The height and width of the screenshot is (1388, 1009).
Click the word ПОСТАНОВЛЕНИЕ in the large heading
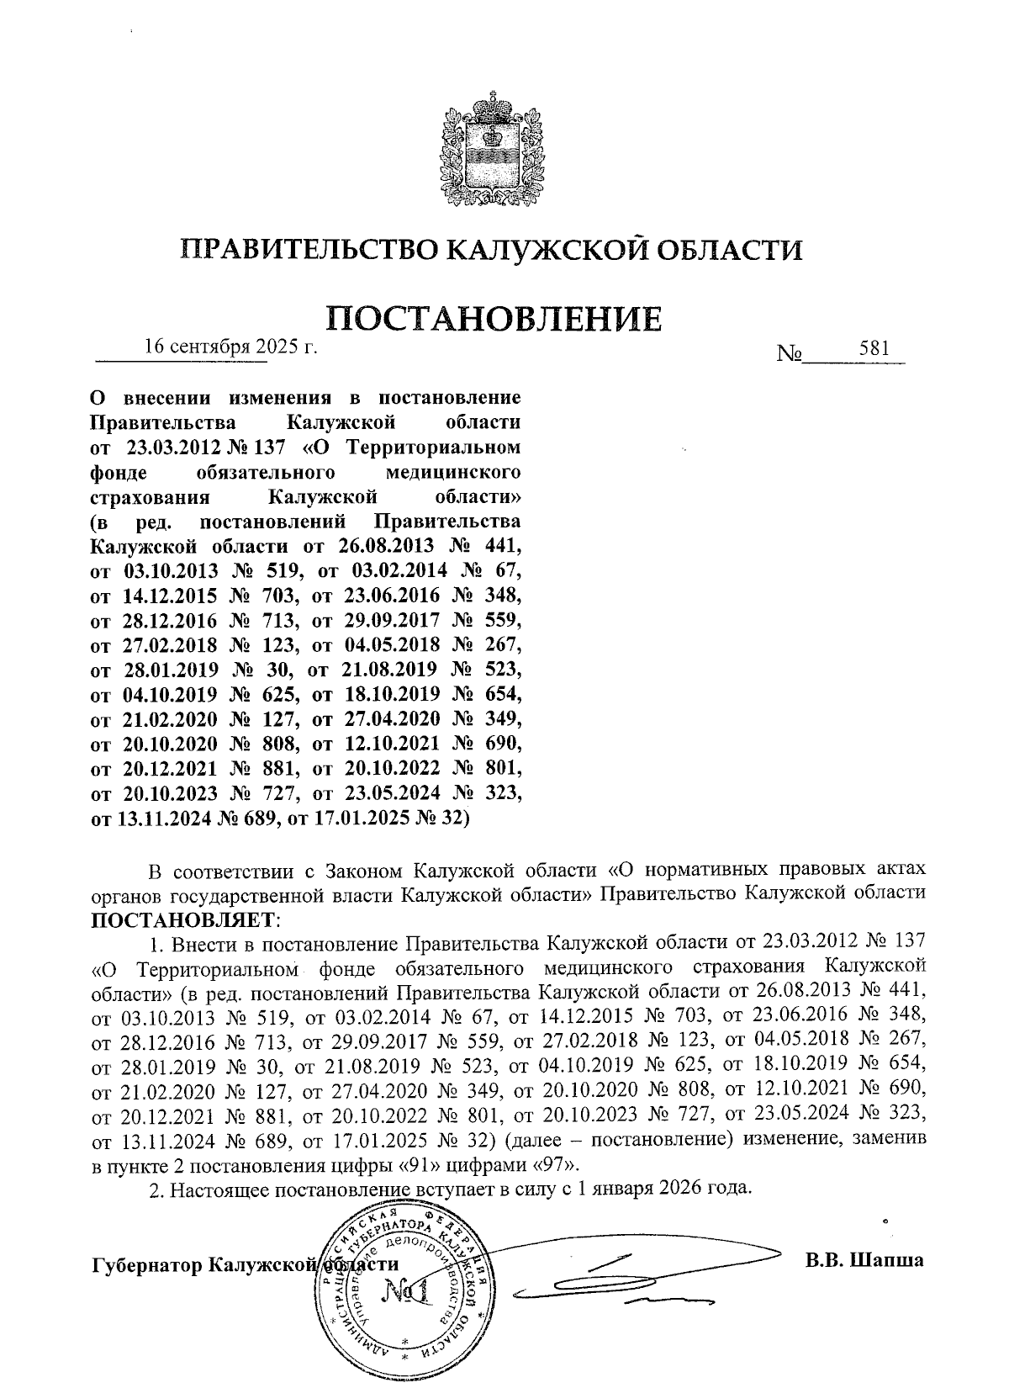493,318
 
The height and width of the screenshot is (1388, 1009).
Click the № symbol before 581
790,354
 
